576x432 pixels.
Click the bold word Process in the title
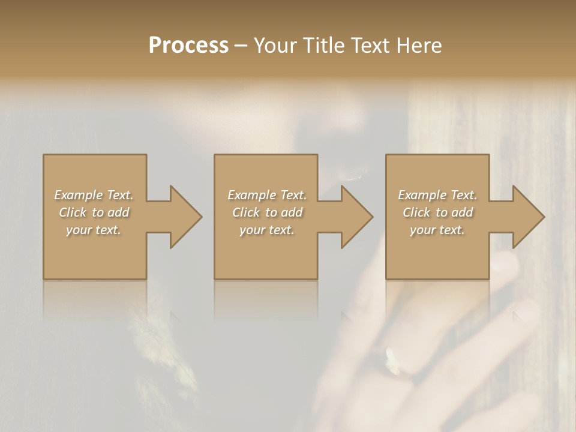[188, 46]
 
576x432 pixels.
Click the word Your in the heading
[277, 46]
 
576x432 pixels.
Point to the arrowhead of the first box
[185, 217]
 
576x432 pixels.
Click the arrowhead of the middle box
[357, 217]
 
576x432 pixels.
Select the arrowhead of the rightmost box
[529, 217]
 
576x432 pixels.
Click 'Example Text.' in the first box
[94, 195]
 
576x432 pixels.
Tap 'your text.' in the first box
[94, 230]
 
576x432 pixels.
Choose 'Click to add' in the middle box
[267, 212]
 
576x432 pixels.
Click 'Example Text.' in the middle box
[267, 195]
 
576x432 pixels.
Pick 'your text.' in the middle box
[267, 230]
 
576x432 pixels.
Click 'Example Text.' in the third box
[437, 195]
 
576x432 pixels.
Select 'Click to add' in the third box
[437, 212]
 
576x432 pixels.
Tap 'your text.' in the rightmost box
[437, 230]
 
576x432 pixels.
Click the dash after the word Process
[241, 46]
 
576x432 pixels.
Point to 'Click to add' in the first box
[94, 212]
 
